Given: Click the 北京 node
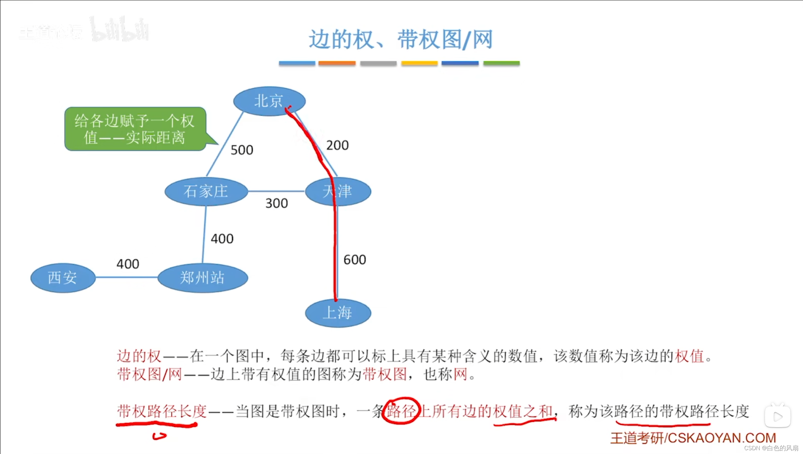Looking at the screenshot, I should point(269,101).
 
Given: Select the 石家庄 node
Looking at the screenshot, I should point(206,191).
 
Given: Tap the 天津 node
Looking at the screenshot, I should point(338,191).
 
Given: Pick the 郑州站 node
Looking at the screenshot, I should point(202,278).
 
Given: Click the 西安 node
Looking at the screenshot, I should point(63,278).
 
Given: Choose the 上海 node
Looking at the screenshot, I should point(338,313).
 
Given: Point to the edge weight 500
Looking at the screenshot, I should point(242,150).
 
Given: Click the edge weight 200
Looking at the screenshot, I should point(337,145).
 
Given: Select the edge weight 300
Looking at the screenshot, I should point(277,203).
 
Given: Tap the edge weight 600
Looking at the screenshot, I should point(355,260).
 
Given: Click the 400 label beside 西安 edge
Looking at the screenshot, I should point(128,264).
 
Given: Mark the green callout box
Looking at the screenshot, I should point(135,129).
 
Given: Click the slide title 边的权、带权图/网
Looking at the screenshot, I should point(401,40).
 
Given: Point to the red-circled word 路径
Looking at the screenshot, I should point(401,411).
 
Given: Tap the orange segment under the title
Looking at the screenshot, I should point(337,63).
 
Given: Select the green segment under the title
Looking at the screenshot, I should point(501,63).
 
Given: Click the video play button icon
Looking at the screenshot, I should point(777,416).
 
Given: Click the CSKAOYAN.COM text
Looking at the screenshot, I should point(722,438).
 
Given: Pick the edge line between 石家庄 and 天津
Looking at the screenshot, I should point(276,191).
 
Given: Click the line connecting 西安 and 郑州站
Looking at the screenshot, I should point(126,277).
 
